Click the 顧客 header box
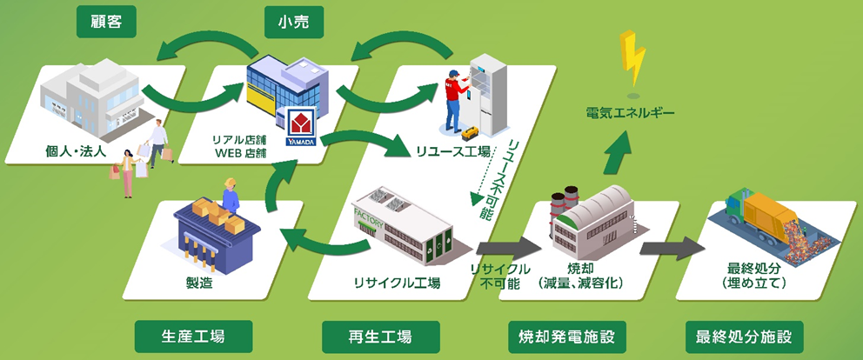click(107, 21)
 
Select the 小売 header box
click(293, 21)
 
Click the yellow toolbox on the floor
click(471, 132)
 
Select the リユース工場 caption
click(449, 151)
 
